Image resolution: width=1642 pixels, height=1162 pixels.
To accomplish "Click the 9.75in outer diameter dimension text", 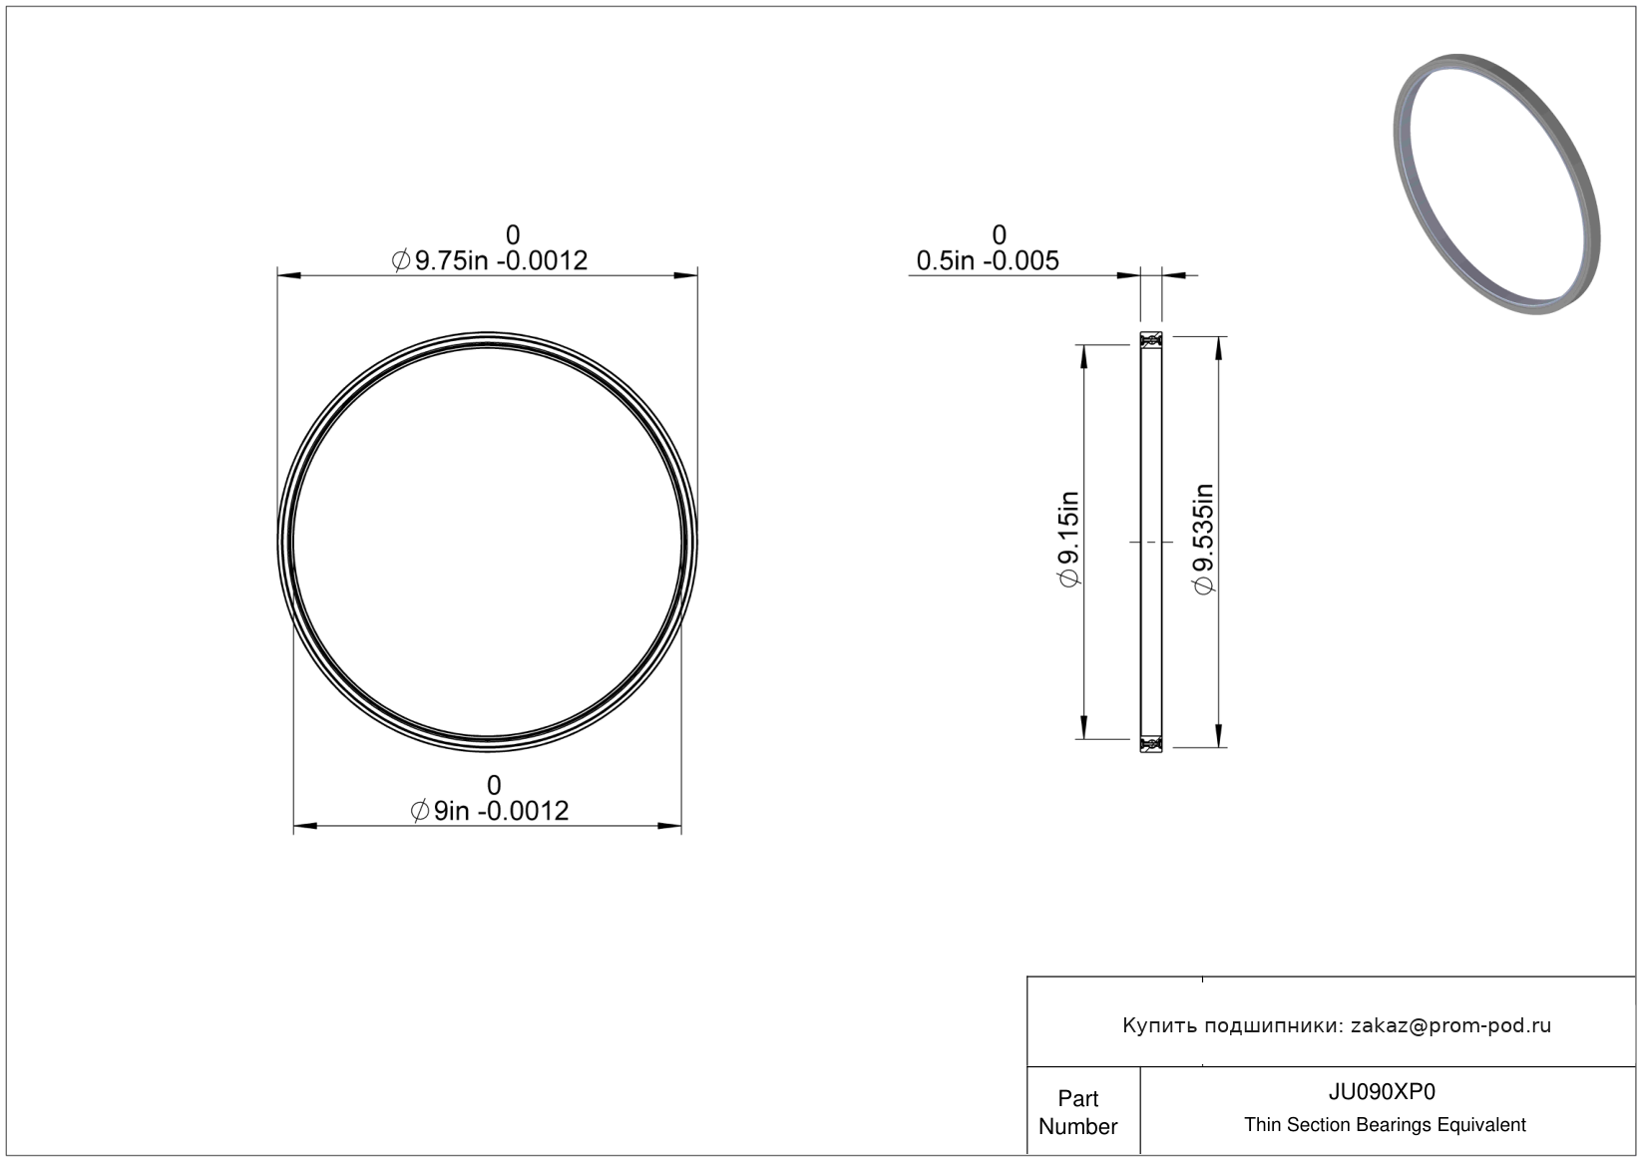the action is click(x=490, y=261).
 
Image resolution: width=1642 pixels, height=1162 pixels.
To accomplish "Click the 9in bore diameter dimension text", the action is click(x=490, y=811).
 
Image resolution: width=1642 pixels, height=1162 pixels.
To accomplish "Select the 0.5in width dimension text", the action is click(x=988, y=261).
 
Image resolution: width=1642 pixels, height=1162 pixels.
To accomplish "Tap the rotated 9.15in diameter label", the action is click(x=1068, y=539).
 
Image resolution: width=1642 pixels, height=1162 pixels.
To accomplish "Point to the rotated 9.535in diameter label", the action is click(x=1204, y=539).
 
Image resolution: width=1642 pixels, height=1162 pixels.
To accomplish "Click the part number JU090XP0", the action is click(x=1382, y=1092).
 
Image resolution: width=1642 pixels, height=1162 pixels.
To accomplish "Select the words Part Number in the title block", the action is click(x=1077, y=1112).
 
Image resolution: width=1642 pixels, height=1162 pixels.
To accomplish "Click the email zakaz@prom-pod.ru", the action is click(x=1450, y=1025).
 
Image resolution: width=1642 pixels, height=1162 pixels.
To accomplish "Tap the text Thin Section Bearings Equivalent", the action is click(x=1385, y=1125).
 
